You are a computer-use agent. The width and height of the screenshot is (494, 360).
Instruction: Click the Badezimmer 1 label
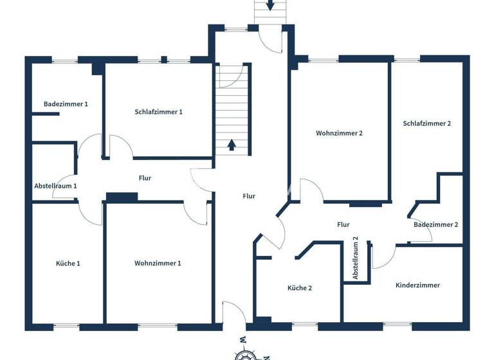(66, 104)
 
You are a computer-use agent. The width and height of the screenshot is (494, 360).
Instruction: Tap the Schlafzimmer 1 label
(159, 112)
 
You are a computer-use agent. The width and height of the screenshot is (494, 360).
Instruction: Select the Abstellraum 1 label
(55, 186)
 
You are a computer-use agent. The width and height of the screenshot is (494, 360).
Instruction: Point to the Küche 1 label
(68, 263)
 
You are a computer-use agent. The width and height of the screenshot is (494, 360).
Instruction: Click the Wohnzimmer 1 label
(158, 263)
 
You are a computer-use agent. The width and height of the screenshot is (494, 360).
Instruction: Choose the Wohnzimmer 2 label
(340, 134)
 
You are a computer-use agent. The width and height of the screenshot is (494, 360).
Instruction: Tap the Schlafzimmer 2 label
(427, 123)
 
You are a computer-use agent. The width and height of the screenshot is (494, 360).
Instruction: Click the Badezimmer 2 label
(436, 224)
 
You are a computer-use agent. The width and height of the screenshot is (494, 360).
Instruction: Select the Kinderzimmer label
(418, 285)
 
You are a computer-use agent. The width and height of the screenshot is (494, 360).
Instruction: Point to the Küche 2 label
(300, 288)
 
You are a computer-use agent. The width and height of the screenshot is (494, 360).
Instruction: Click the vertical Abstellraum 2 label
(355, 258)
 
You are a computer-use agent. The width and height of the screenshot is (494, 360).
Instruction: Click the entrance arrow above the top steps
(270, 5)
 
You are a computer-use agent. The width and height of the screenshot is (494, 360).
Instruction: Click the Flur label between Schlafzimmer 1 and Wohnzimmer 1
(145, 178)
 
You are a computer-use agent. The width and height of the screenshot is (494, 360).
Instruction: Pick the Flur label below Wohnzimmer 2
(343, 224)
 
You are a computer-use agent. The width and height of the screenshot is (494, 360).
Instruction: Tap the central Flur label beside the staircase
(249, 196)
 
